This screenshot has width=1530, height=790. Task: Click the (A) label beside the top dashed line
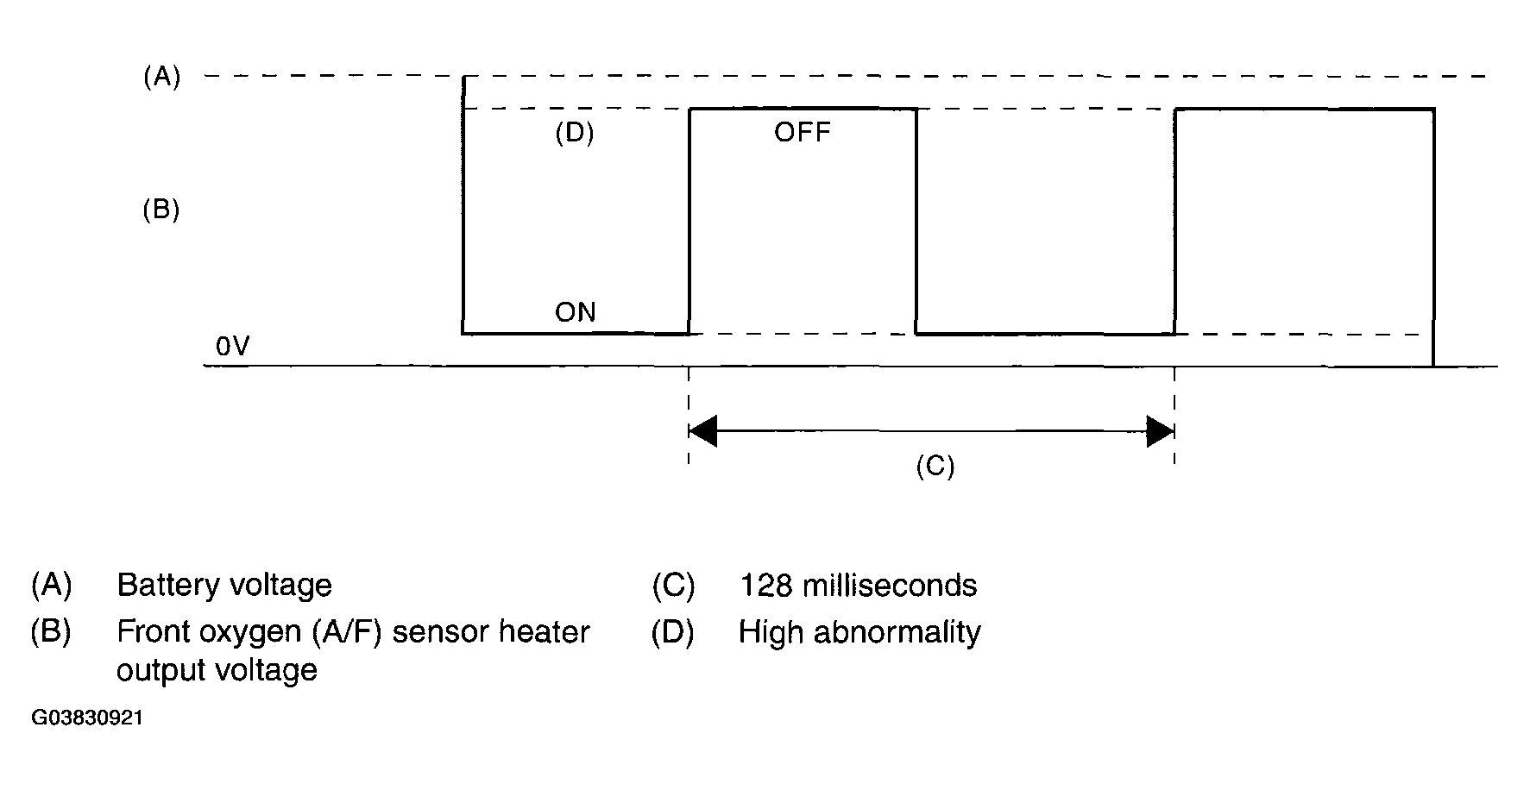(161, 78)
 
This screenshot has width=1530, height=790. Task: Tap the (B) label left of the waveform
(161, 210)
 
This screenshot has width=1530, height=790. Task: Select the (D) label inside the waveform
(575, 134)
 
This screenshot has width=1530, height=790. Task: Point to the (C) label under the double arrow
(935, 467)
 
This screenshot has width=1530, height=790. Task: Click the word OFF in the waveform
(803, 133)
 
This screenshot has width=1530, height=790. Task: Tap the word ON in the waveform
(575, 312)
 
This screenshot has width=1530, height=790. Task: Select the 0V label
(233, 347)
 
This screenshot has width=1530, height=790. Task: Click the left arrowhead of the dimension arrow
(703, 430)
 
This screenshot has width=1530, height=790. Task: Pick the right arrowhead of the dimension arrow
(1160, 430)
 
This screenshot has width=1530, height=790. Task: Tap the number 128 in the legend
(765, 586)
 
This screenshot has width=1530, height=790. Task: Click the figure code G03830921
(87, 718)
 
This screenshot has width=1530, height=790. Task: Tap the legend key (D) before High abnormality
(673, 633)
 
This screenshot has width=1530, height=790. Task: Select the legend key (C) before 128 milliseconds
(673, 586)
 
